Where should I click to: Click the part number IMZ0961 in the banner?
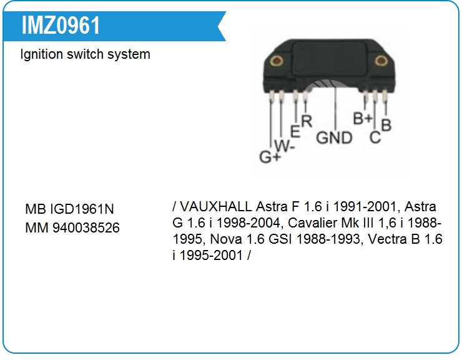click(61, 26)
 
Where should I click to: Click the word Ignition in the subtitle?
click(42, 54)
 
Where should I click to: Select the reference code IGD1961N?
click(82, 209)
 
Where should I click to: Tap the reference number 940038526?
click(86, 227)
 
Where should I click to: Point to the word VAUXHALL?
click(215, 206)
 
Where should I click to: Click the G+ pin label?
click(270, 157)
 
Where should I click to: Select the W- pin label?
click(284, 145)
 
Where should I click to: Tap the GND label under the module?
click(334, 137)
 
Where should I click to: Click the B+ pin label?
click(363, 119)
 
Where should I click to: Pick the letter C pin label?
click(375, 137)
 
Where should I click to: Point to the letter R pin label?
click(307, 121)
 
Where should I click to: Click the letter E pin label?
click(295, 131)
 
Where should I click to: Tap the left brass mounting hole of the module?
click(277, 61)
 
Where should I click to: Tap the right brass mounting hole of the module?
click(381, 61)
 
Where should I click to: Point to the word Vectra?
click(387, 239)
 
